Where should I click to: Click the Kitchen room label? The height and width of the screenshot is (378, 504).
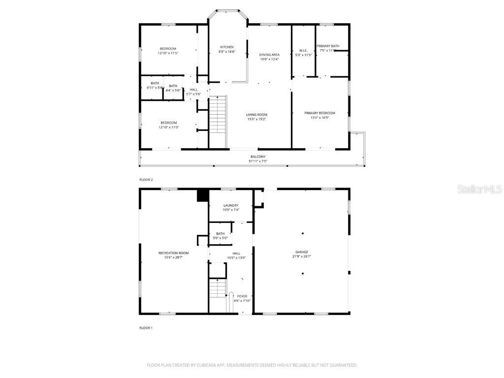pos(226,47)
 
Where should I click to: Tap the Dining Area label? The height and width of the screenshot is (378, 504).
pos(269,55)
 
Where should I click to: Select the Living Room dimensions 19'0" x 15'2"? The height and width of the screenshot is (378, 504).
pos(256,119)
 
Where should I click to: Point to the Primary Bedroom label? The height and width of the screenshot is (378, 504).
pos(319,113)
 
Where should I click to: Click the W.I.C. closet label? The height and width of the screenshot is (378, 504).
pos(303,50)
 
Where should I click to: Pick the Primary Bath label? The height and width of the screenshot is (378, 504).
pos(328,46)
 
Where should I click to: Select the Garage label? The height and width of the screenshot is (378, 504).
pos(302,252)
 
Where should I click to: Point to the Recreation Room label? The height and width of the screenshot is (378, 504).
pos(173,253)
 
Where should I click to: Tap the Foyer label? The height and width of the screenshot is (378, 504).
pos(242,296)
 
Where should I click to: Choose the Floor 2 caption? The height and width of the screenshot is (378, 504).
pos(146,180)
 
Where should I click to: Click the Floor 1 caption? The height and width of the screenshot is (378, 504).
pos(146,327)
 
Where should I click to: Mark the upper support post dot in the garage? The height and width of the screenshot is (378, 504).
pos(303,233)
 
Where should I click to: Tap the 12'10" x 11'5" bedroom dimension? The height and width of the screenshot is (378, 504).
pos(168,53)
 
